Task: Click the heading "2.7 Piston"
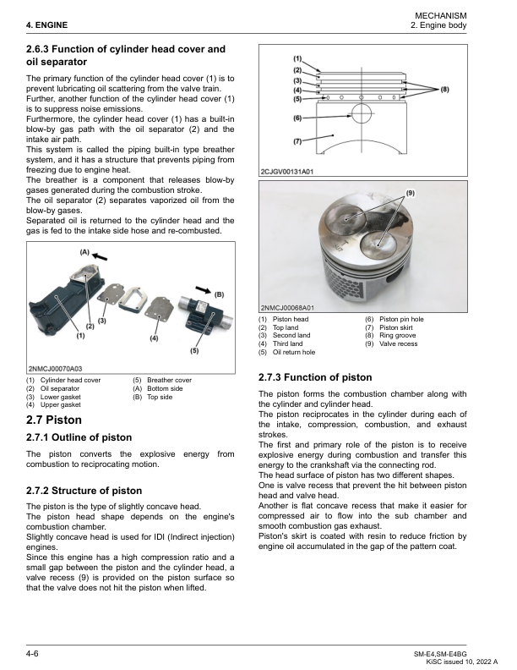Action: pyautogui.click(x=54, y=419)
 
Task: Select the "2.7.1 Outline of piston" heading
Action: pyautogui.click(x=79, y=437)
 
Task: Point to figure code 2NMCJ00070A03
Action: pyautogui.click(x=56, y=370)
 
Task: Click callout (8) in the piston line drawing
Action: pyautogui.click(x=444, y=88)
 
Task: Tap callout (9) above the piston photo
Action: pyautogui.click(x=411, y=194)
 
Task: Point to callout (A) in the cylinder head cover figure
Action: pyautogui.click(x=84, y=252)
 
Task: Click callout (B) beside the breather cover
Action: pyautogui.click(x=219, y=294)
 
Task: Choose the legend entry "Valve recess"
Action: pyautogui.click(x=445, y=344)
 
